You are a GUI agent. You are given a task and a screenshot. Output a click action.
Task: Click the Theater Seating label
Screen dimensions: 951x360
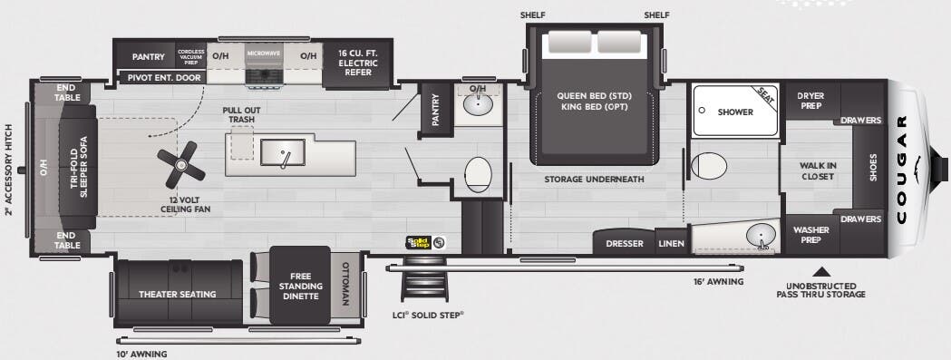(x=177, y=294)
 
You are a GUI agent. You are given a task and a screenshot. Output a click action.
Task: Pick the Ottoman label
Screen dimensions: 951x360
(x=344, y=285)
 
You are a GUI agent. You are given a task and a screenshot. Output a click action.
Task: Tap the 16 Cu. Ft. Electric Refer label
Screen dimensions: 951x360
(x=358, y=63)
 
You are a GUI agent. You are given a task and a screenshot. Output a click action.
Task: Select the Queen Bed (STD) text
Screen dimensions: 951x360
(x=593, y=95)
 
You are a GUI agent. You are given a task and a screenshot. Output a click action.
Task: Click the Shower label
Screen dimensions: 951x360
(x=735, y=112)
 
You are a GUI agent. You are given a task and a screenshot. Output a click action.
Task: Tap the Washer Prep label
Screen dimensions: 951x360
(x=810, y=236)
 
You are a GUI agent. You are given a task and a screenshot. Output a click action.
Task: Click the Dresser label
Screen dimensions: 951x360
(x=625, y=244)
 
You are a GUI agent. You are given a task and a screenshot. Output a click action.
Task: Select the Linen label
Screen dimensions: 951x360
(x=670, y=244)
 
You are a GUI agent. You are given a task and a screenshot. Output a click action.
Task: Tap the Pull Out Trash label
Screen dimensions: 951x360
(x=241, y=114)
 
